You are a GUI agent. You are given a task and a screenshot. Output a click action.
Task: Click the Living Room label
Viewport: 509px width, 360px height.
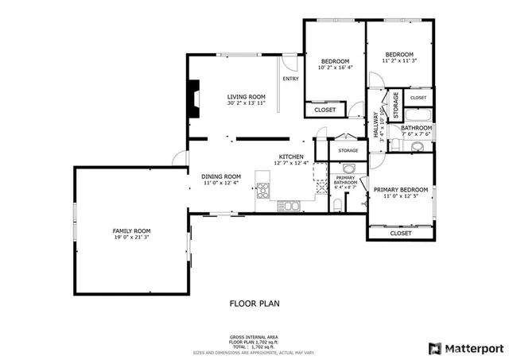click(246, 96)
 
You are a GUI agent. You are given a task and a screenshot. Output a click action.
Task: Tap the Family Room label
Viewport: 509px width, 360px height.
click(130, 230)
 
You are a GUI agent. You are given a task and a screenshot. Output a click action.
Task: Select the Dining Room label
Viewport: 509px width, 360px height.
click(221, 176)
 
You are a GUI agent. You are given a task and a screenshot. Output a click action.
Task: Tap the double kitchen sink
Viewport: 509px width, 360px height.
click(290, 206)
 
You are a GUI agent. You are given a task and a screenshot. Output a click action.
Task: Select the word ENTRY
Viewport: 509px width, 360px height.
click(291, 79)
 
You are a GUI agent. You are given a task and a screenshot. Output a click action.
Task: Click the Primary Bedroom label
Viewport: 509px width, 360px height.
click(401, 189)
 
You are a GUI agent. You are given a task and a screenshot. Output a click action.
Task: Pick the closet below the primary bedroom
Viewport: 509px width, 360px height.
click(401, 234)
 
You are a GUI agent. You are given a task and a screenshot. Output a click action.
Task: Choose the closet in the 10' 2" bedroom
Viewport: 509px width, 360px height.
click(324, 110)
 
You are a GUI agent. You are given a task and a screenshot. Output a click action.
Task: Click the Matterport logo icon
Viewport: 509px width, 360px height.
click(433, 348)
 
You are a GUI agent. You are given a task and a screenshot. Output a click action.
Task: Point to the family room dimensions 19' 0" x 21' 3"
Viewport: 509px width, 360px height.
click(130, 237)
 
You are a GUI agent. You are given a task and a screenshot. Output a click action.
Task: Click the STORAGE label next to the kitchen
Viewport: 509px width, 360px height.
click(348, 150)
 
